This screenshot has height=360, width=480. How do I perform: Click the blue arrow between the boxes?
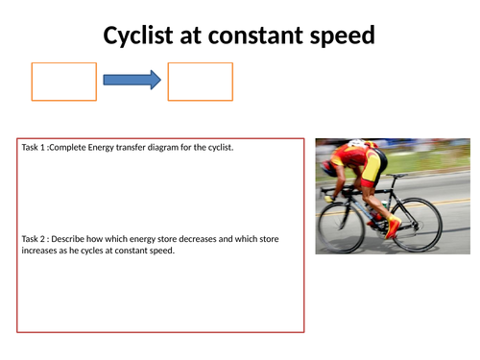[132, 82]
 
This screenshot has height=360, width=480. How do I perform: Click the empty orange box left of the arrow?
[64, 82]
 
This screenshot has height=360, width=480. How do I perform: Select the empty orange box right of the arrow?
[200, 82]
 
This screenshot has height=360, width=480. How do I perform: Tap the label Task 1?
[36, 147]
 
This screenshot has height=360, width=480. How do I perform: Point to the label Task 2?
[36, 238]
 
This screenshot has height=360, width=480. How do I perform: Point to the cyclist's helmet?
[357, 147]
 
